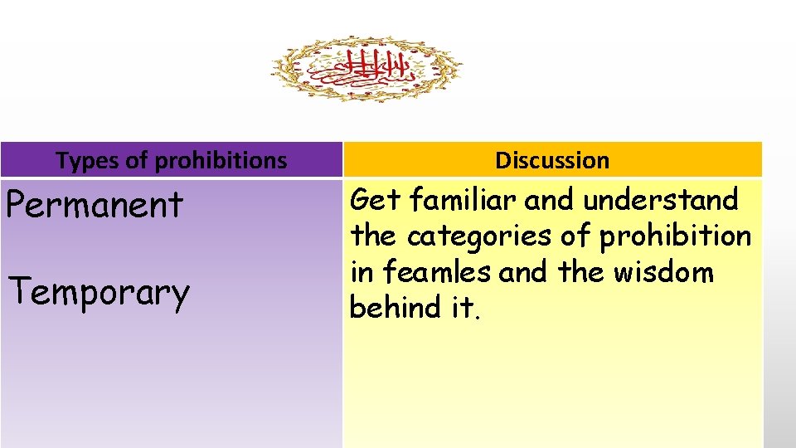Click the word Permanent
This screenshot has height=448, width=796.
pyautogui.click(x=94, y=204)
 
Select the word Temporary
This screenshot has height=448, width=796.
pyautogui.click(x=98, y=292)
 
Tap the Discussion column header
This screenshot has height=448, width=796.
pyautogui.click(x=552, y=160)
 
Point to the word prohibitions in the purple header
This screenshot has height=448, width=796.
pyautogui.click(x=221, y=160)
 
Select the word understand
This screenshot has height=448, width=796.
pyautogui.click(x=660, y=200)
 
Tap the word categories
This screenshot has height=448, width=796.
pyautogui.click(x=479, y=236)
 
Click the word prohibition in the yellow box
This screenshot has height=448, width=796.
pyautogui.click(x=674, y=236)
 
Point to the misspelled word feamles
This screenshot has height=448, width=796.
pyautogui.click(x=434, y=272)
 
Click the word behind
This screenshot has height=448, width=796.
pyautogui.click(x=396, y=308)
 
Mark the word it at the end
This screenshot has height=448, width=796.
pyautogui.click(x=462, y=308)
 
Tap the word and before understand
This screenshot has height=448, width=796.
pyautogui.click(x=552, y=200)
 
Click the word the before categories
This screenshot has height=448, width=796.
pyautogui.click(x=373, y=236)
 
